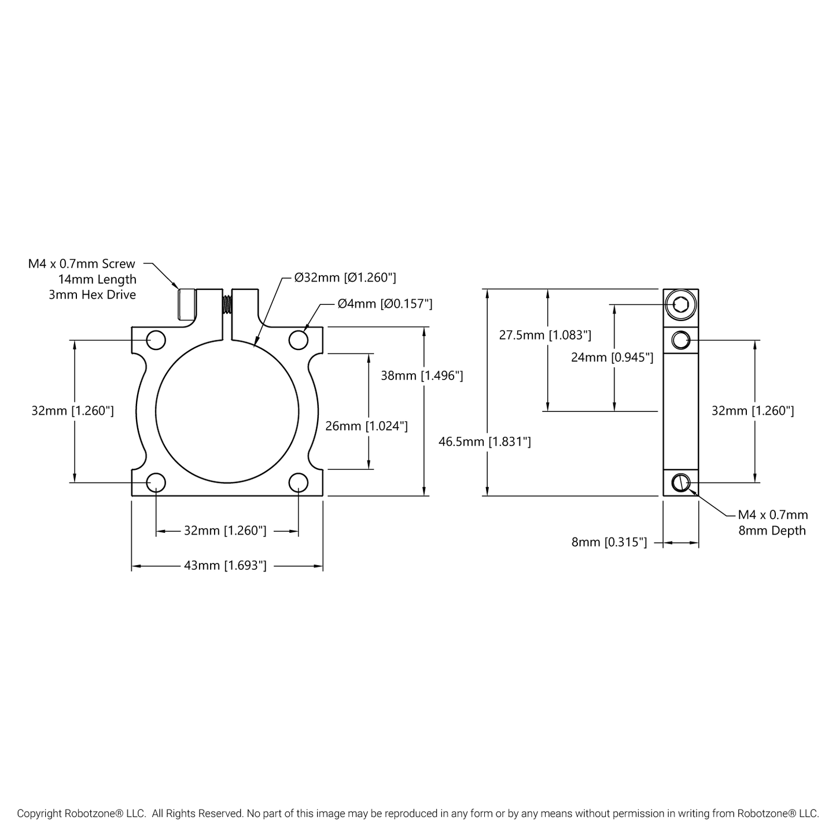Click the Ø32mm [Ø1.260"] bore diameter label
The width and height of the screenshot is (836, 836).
(345, 278)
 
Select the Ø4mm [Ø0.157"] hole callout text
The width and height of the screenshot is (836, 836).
(385, 304)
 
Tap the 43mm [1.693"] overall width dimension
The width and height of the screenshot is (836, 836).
(225, 566)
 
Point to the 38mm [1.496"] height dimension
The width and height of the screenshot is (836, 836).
(422, 375)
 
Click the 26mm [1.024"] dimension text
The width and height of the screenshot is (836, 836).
(366, 426)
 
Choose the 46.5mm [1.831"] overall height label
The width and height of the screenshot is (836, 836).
(485, 442)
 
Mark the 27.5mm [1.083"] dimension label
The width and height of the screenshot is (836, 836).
(545, 335)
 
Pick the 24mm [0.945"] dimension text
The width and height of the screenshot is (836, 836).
(612, 358)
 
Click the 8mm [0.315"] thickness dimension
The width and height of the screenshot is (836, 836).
(609, 543)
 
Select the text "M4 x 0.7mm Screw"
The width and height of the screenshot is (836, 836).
(82, 264)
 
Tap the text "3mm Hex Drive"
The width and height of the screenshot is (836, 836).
(93, 295)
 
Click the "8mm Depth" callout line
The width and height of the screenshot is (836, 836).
(772, 531)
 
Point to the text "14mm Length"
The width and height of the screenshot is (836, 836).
(97, 279)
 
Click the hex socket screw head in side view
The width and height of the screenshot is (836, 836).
(680, 304)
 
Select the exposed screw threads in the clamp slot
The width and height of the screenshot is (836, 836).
(227, 304)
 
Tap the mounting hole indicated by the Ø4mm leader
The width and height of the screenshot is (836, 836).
(299, 340)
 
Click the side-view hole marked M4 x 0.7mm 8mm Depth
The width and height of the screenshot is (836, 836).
(681, 482)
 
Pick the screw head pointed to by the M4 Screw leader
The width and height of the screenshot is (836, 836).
(186, 304)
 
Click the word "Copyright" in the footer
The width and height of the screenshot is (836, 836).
(39, 813)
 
